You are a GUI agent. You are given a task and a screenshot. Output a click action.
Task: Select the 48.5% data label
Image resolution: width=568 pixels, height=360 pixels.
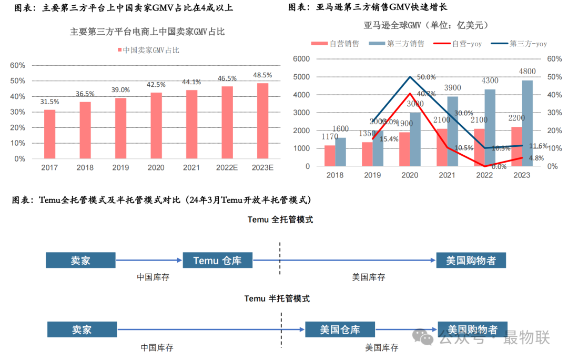(x=262, y=75)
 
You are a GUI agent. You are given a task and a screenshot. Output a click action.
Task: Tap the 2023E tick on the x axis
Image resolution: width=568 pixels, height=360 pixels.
(x=262, y=167)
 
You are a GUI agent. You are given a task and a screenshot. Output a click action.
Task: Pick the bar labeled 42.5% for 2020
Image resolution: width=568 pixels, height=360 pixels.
(x=156, y=125)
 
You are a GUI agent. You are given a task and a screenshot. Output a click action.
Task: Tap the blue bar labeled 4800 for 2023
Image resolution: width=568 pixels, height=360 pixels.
(x=526, y=123)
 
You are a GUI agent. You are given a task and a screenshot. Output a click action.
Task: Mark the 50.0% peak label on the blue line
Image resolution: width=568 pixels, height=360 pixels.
(x=426, y=77)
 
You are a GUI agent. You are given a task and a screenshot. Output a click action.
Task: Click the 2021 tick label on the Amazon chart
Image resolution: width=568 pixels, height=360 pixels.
(x=447, y=175)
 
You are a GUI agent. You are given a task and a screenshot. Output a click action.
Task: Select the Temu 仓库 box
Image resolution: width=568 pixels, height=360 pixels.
(x=217, y=260)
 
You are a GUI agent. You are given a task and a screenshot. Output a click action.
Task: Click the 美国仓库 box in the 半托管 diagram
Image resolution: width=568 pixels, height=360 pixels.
(x=340, y=329)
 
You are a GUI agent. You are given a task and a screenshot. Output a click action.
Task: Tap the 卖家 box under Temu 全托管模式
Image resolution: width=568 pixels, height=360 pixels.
(x=80, y=260)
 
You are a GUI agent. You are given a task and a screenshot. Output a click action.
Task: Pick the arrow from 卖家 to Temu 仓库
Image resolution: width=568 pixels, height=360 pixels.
(x=149, y=260)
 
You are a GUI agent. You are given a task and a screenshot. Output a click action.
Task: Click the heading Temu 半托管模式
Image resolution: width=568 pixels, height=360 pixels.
(x=277, y=298)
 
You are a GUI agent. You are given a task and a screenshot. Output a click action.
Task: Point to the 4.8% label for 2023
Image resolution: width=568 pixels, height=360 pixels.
(x=535, y=158)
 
